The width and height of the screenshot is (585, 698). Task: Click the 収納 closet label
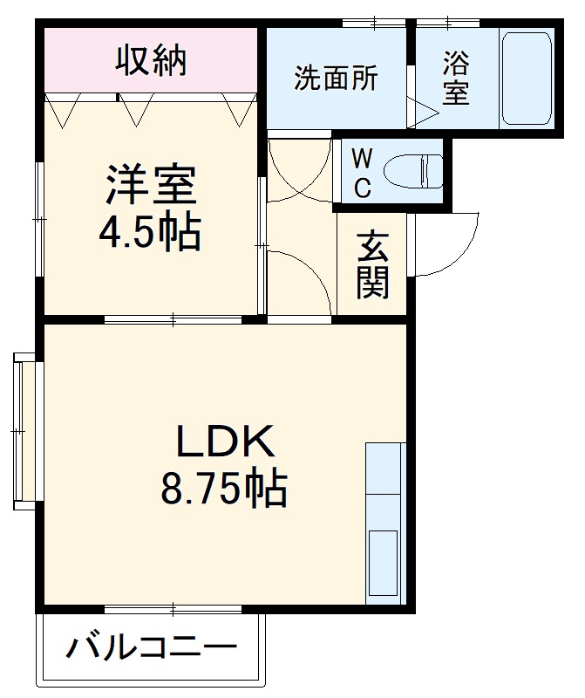click(153, 60)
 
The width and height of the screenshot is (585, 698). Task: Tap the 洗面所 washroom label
click(336, 78)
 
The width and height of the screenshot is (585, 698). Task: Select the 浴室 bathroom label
click(455, 78)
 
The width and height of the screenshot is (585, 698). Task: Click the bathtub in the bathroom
click(527, 79)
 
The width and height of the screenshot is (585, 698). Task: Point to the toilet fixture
click(419, 170)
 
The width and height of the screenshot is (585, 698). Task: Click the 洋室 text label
click(151, 186)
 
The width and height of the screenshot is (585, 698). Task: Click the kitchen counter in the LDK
click(384, 523)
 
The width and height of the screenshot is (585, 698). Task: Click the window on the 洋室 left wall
click(40, 218)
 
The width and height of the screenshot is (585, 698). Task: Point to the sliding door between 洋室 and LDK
click(173, 319)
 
